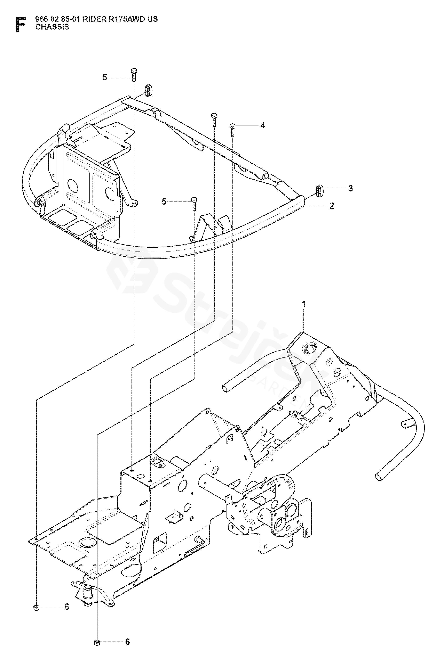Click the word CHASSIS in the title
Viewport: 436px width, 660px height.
52,27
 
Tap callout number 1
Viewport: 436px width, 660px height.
304,304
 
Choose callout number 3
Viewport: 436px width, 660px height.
351,188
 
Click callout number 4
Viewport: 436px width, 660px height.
262,126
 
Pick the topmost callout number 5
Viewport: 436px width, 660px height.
105,77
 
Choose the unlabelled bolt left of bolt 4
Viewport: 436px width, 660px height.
214,120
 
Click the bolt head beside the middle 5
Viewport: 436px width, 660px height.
194,200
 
